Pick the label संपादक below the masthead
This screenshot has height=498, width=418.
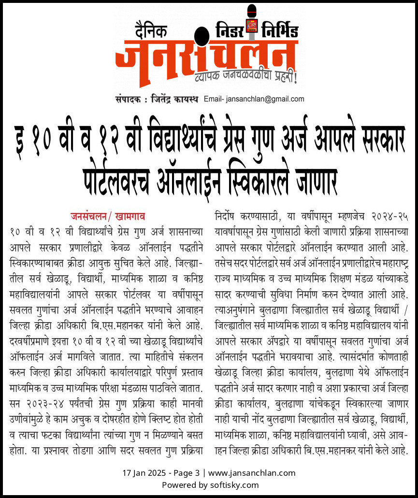tap(128, 100)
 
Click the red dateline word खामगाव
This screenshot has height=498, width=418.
tap(129, 215)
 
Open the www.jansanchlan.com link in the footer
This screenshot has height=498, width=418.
tap(252, 473)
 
